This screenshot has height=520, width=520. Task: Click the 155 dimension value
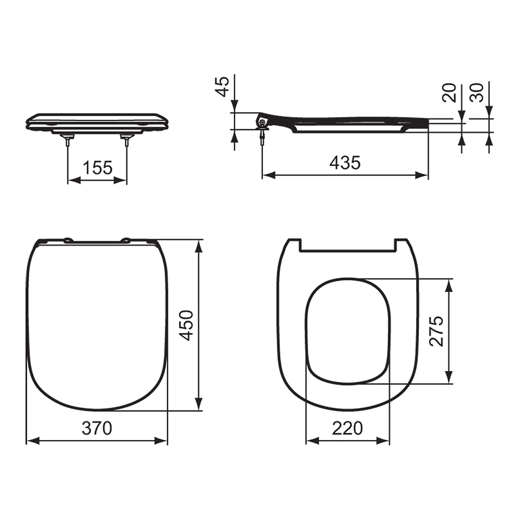[97, 168]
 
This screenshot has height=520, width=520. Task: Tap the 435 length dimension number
[345, 163]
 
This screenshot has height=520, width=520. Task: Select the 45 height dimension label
[222, 86]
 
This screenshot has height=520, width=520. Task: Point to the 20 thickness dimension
[450, 93]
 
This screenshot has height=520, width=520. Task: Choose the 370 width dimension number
[97, 428]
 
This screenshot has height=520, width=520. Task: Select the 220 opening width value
[347, 428]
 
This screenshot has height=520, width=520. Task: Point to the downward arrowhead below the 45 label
[235, 106]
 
